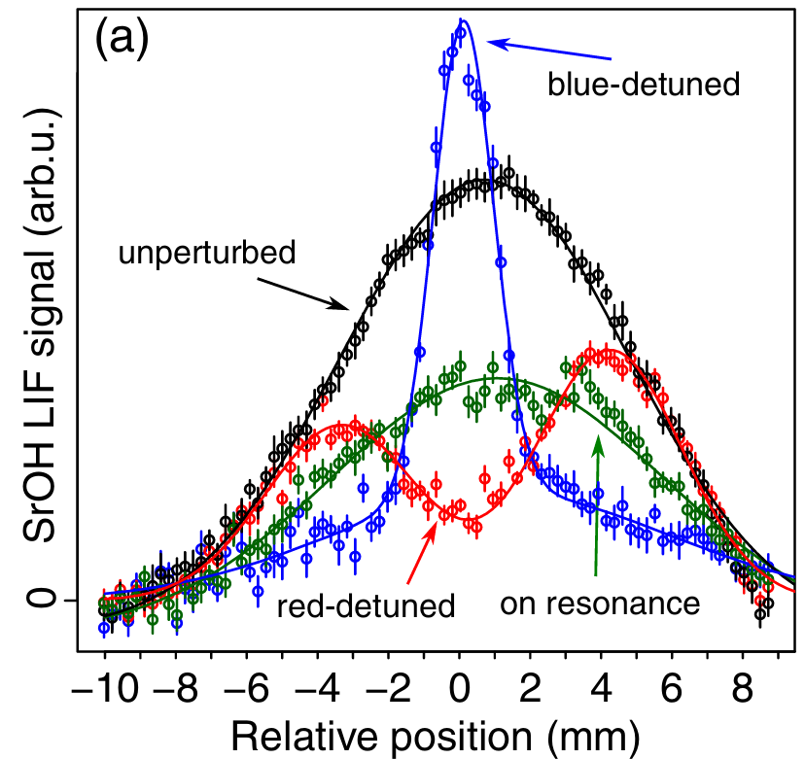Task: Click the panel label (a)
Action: coord(122,39)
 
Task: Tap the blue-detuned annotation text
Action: coord(644,84)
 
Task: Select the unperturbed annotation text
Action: coord(207,254)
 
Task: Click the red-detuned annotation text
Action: coord(367,606)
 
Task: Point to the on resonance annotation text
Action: coord(600,604)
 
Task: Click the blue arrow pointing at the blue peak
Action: coord(548,51)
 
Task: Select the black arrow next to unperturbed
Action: coord(303,294)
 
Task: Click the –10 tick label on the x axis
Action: coord(105,688)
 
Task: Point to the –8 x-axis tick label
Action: coord(176,688)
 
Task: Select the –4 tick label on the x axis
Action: coord(317,688)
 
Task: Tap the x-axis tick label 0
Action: coord(460,688)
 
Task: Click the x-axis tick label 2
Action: coord(530,688)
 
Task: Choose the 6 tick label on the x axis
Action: coord(672,688)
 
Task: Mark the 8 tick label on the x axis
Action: coord(743,688)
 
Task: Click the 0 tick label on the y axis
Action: coord(40,599)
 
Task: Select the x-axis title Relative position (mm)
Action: coord(436,738)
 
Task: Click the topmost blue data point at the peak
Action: coord(461,33)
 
